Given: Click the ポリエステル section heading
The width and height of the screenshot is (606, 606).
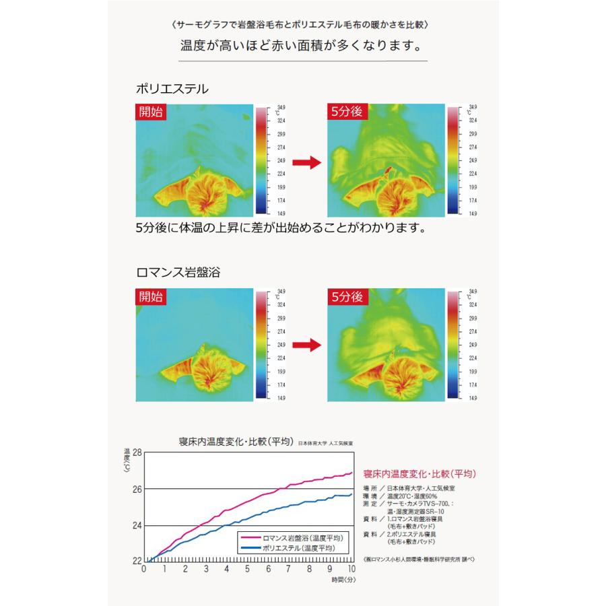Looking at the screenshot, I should (x=172, y=88).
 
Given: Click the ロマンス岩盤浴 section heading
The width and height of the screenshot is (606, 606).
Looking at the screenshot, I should (x=178, y=273).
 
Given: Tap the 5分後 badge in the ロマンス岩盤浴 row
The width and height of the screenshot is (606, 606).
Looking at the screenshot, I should (x=346, y=297).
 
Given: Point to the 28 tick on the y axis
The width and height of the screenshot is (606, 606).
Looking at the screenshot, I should (x=137, y=452).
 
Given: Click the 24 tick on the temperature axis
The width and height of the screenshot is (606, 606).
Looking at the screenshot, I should (x=137, y=525).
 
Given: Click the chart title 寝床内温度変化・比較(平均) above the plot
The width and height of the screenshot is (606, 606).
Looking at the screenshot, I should (x=236, y=442).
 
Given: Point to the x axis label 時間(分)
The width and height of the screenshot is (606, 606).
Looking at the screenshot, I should (x=343, y=578).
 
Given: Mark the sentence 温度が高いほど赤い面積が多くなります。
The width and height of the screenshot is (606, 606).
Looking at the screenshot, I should (x=302, y=48).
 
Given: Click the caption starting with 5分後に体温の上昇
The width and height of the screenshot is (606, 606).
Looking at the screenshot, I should (x=281, y=228).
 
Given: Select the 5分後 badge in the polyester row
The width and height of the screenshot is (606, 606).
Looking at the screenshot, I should (x=346, y=112).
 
